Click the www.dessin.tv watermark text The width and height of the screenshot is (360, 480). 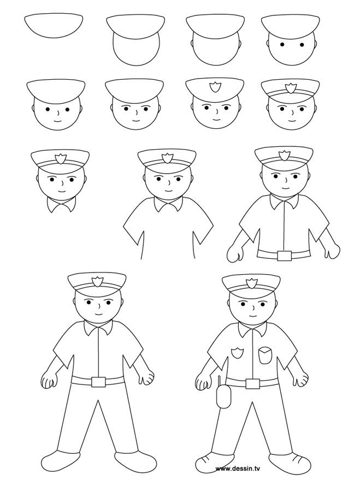click(x=238, y=469)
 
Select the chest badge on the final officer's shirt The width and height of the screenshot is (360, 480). click(x=237, y=353)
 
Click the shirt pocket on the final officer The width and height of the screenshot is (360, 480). click(x=265, y=355)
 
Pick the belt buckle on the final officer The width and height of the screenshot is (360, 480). click(x=252, y=383)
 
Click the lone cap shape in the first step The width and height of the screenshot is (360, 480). click(x=54, y=26)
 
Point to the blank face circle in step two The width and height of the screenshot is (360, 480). click(x=136, y=49)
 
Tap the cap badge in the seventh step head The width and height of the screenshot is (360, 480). click(x=215, y=87)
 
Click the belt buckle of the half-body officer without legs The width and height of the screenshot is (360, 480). click(x=285, y=256)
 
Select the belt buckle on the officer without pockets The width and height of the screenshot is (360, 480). click(x=98, y=382)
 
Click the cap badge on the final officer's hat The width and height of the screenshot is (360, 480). click(x=252, y=283)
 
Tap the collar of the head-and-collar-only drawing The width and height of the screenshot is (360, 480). click(x=62, y=204)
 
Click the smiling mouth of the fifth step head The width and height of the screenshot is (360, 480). click(x=57, y=120)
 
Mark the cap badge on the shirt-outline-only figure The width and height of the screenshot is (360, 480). click(x=167, y=158)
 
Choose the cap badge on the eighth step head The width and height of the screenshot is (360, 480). click(x=290, y=88)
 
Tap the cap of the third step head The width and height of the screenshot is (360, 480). click(x=215, y=27)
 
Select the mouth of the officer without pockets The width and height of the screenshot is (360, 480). click(x=98, y=314)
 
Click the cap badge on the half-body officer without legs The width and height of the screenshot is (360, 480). click(x=284, y=156)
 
